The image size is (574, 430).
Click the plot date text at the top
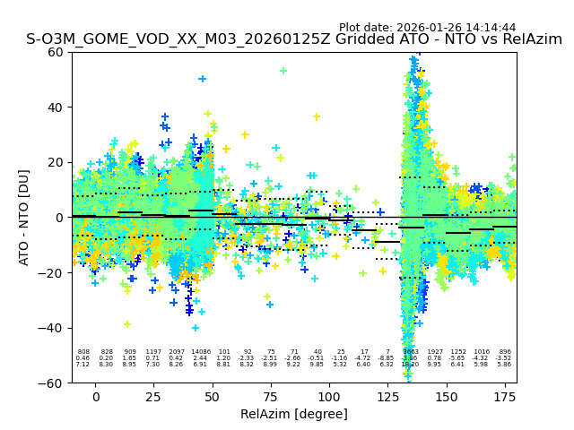[427, 28]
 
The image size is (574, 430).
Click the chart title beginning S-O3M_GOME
[293, 40]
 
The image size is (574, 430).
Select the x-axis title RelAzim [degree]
[293, 414]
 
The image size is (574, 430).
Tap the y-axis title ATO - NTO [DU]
[24, 217]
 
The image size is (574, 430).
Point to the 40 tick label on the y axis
[56, 107]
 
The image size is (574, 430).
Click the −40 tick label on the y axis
[52, 328]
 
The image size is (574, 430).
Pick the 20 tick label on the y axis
[56, 162]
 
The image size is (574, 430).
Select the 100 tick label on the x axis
[329, 396]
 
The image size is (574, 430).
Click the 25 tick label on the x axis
[153, 396]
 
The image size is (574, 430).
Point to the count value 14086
[201, 352]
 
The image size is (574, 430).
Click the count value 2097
[177, 352]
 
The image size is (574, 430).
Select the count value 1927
[435, 352]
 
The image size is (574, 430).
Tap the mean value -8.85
[387, 358]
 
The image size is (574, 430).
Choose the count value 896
[505, 352]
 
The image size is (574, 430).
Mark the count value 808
[83, 352]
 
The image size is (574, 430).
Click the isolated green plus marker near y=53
[283, 71]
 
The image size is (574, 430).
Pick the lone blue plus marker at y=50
[203, 79]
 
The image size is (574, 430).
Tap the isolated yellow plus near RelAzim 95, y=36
[317, 116]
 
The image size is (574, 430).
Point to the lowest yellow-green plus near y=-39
[127, 324]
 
